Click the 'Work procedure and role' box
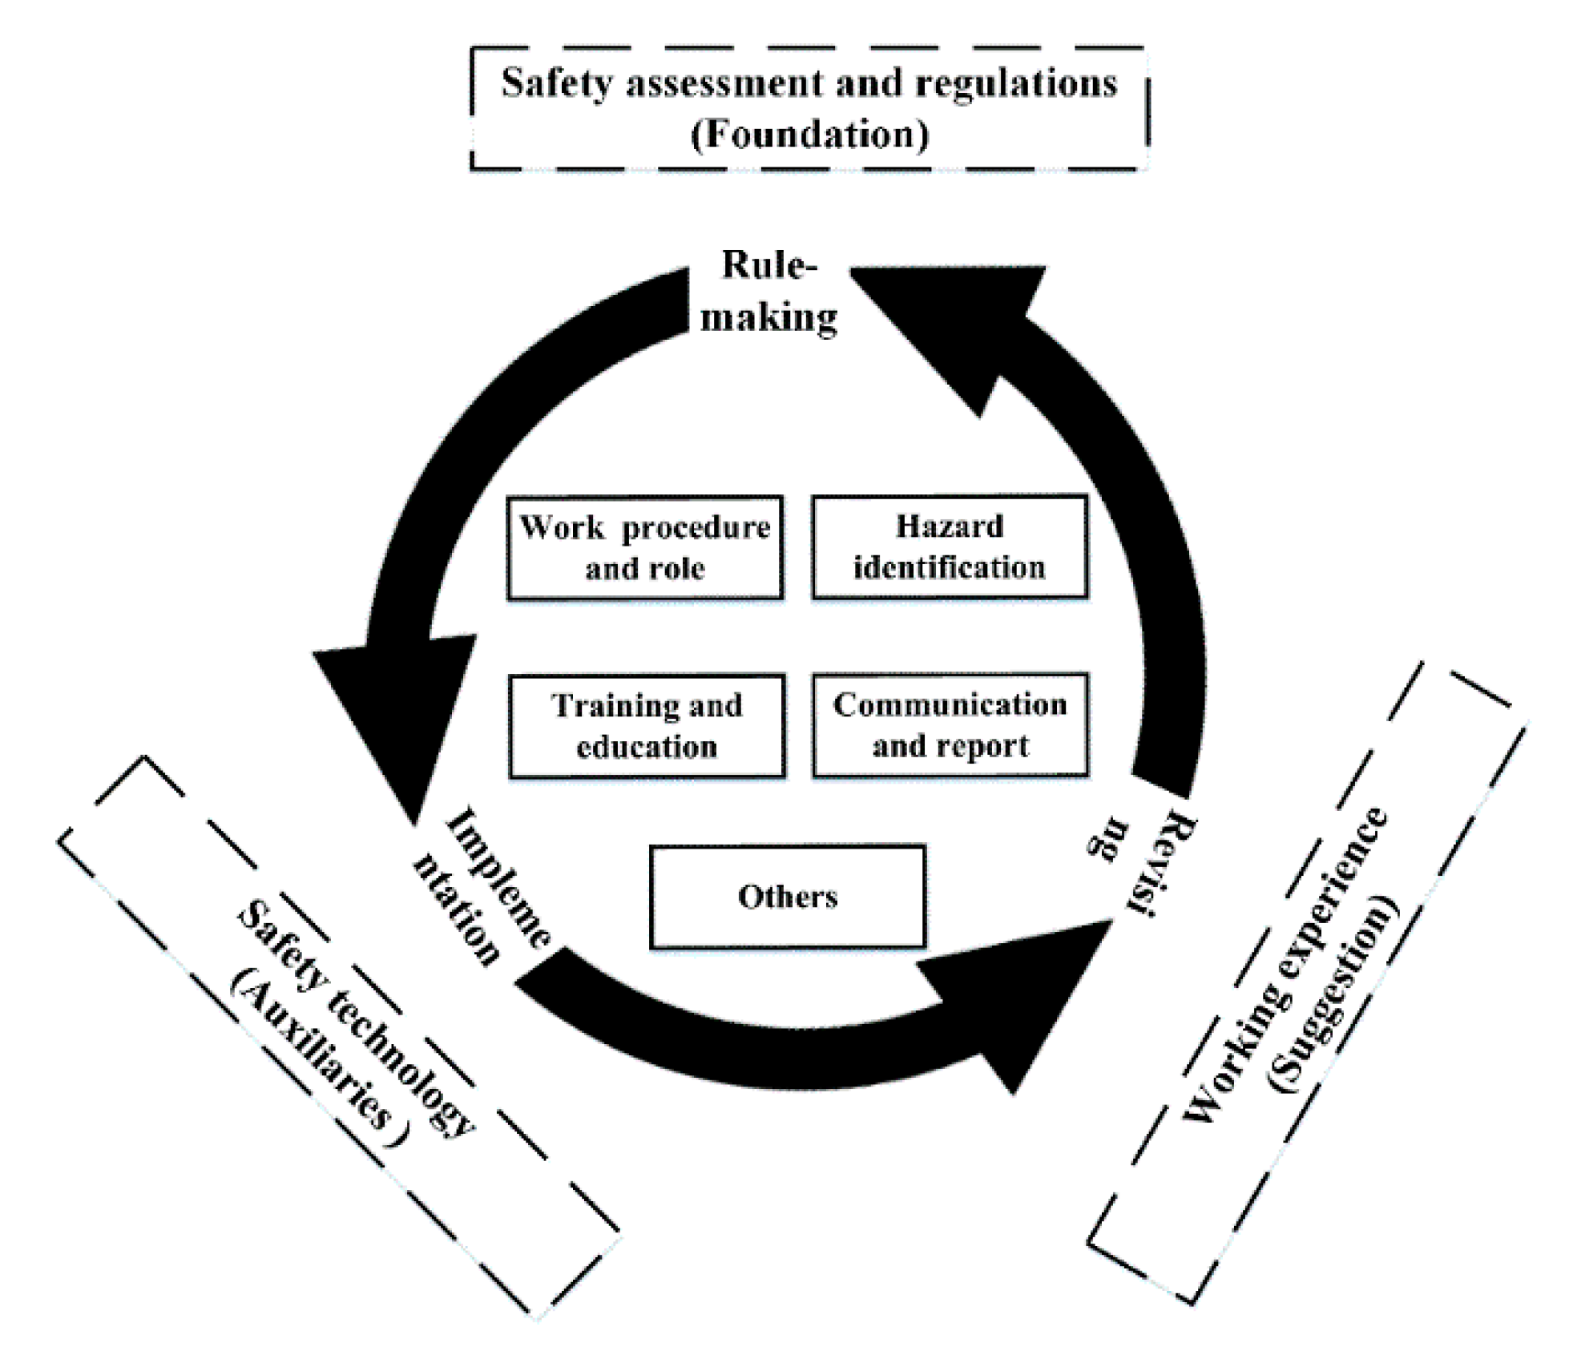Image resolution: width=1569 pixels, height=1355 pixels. pos(645,547)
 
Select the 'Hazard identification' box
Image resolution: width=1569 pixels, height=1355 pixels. pos(950,546)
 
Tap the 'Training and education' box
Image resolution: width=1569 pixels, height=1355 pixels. pos(647,726)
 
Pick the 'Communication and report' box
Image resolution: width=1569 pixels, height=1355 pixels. pos(950,725)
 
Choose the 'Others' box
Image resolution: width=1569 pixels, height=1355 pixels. pos(787,897)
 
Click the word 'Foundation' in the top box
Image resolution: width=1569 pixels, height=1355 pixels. pos(809,134)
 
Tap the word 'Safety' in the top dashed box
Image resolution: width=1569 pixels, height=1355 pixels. pos(557,83)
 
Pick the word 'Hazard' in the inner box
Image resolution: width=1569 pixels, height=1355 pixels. pos(950,526)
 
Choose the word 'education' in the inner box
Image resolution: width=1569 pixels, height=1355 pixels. pos(647,747)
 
